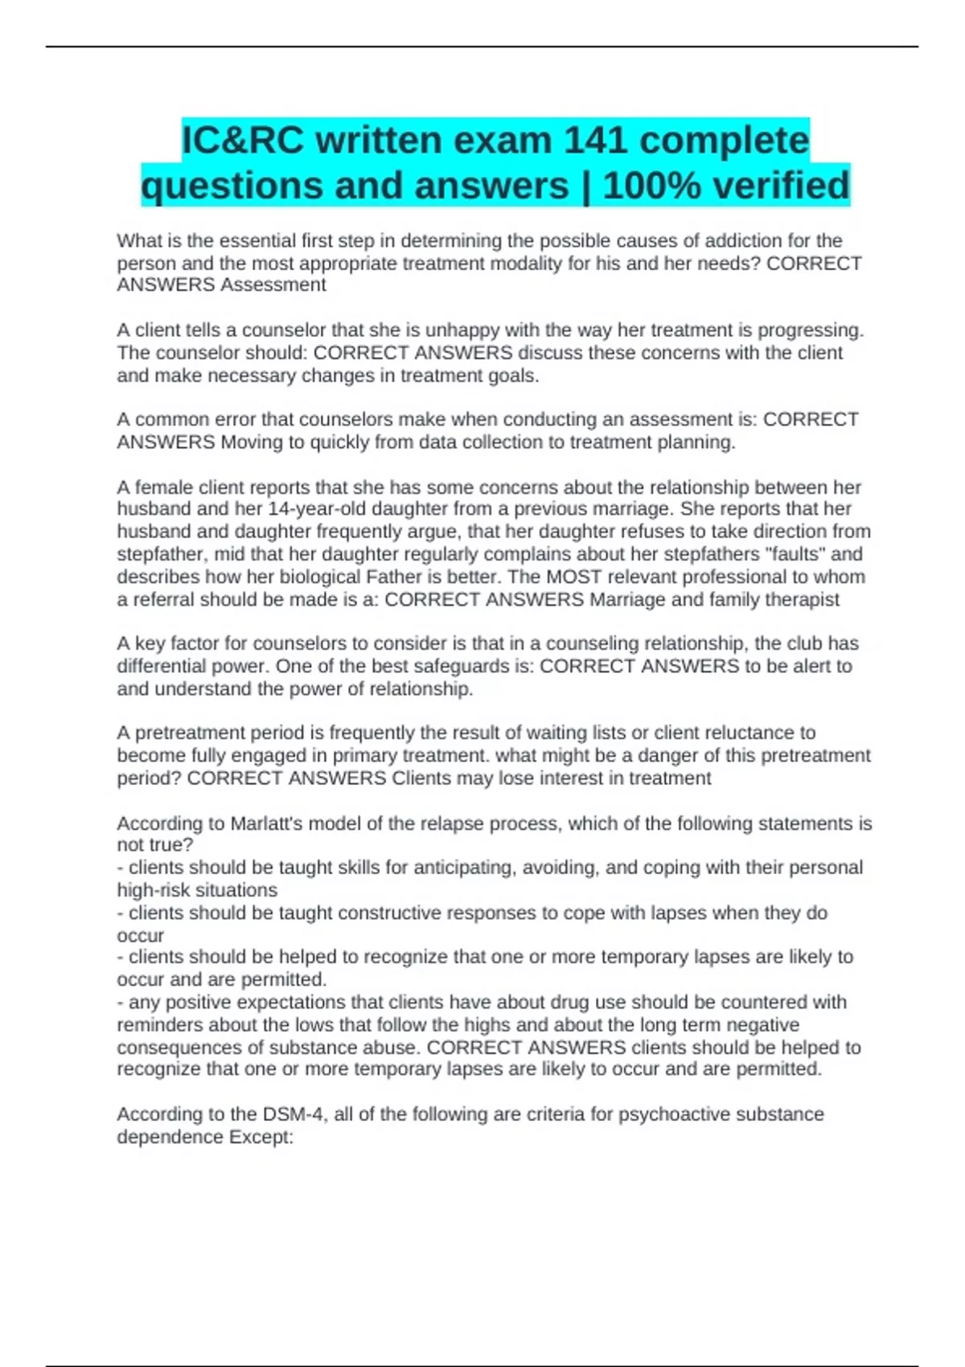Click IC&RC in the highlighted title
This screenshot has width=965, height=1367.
pos(243,141)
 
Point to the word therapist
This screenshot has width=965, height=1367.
pos(799,599)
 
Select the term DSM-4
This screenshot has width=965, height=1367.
pos(290,1115)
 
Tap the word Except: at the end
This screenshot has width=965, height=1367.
pos(261,1137)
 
